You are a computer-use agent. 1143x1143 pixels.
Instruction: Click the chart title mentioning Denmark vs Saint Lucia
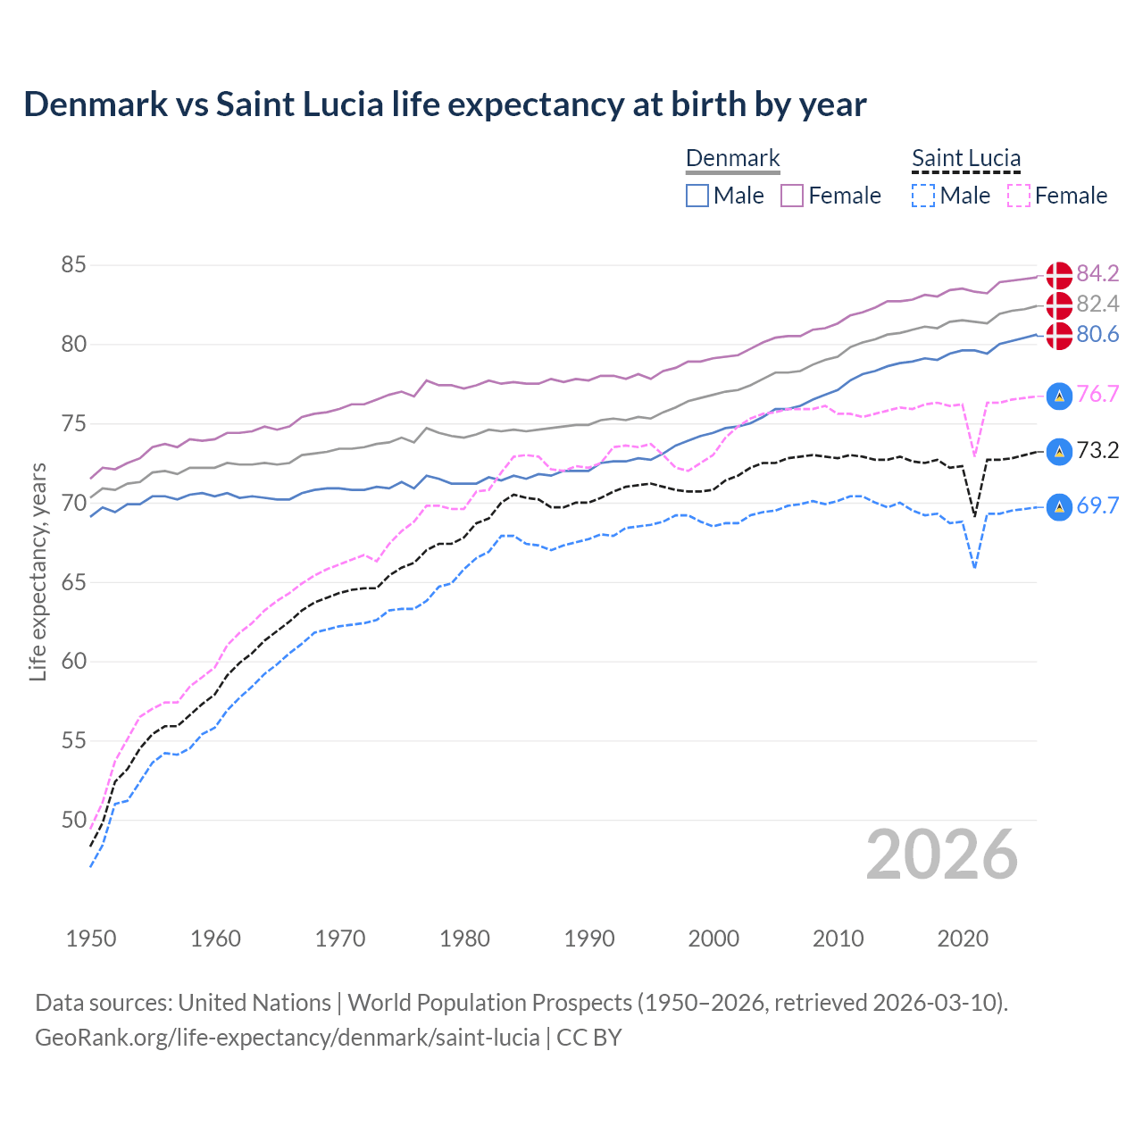point(445,104)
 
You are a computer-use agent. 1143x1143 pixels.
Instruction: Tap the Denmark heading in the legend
point(732,158)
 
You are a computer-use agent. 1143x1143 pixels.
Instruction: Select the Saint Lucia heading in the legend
point(965,158)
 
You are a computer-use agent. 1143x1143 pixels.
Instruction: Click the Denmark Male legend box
point(697,196)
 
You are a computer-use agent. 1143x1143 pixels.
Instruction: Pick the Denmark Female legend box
point(792,196)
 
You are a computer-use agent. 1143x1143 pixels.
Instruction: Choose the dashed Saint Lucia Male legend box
point(923,196)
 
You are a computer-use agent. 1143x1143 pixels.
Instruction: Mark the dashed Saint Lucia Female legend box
point(1019,196)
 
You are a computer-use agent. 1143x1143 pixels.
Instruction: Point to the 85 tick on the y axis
point(73,265)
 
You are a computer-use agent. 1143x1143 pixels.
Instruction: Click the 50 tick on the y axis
point(73,820)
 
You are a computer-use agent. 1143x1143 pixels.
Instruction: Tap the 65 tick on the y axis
point(73,582)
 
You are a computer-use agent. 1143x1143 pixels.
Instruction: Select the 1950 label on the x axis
point(91,939)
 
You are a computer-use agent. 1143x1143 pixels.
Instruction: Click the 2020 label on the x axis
point(963,939)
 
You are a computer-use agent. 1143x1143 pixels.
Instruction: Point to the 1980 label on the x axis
point(464,939)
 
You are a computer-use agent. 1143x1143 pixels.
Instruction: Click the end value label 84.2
point(1097,273)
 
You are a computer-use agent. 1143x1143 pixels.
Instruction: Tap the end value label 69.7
point(1097,505)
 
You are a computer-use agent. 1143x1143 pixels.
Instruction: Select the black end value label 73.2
point(1097,450)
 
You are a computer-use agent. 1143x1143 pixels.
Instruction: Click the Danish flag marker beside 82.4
point(1059,305)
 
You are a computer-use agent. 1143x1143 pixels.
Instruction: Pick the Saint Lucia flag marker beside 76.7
point(1059,395)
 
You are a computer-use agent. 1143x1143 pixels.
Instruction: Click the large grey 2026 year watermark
point(942,855)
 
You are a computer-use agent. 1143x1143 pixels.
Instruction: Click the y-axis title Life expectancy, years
point(38,571)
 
